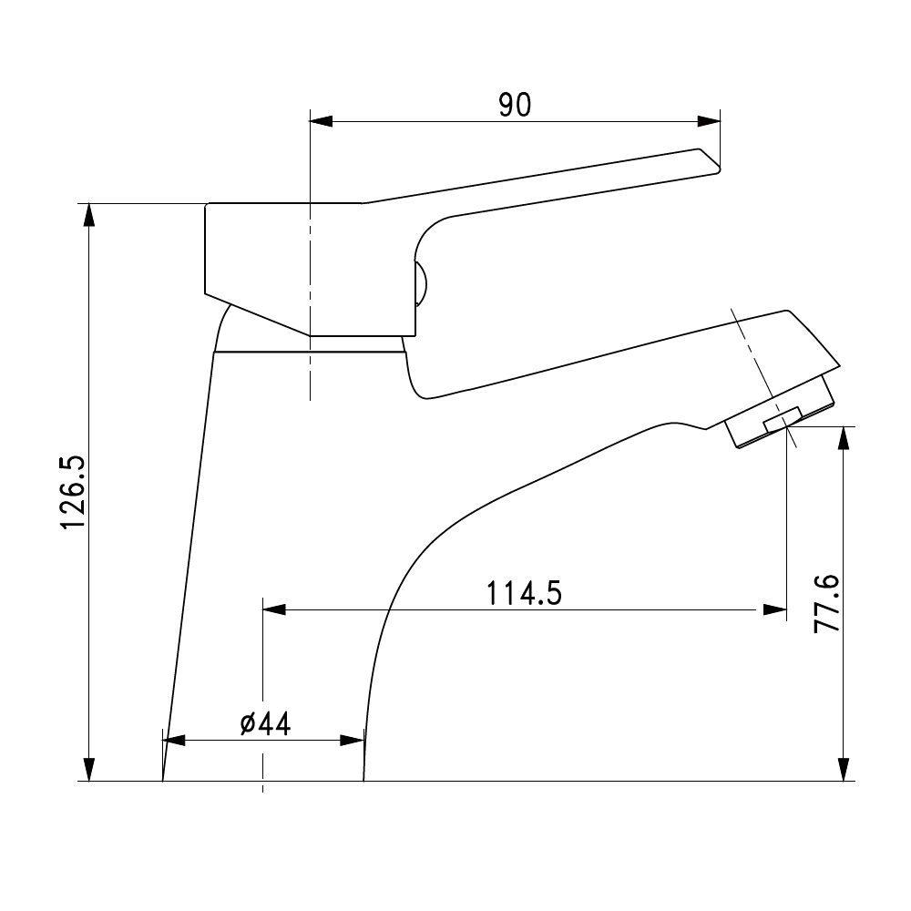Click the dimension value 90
coord(515,105)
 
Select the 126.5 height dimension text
coord(74,493)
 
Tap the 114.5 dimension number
coord(524,594)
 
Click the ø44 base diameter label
coord(265,724)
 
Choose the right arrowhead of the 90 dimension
coord(709,121)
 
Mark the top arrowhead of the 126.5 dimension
coord(89,215)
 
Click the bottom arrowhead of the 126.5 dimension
coord(89,769)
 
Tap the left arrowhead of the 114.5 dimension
coord(274,609)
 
